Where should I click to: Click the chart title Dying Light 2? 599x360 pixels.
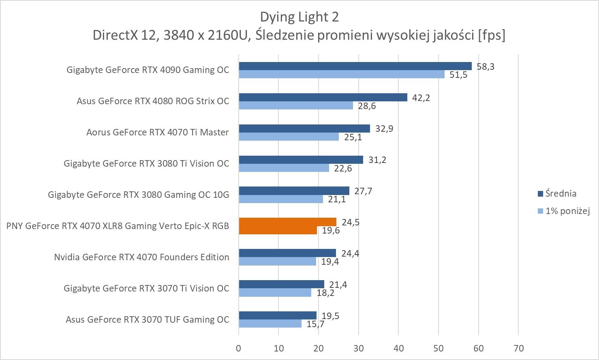(x=299, y=17)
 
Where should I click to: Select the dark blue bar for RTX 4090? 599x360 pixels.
(x=355, y=66)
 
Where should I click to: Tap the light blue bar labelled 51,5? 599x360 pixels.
(x=342, y=74)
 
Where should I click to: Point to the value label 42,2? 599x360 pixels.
(x=421, y=98)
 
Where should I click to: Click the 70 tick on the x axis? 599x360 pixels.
(x=518, y=348)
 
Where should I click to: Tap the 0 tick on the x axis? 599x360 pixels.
(x=238, y=348)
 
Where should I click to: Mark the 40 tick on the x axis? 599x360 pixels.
(x=398, y=348)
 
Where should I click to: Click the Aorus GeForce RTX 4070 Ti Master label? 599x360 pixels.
(x=157, y=132)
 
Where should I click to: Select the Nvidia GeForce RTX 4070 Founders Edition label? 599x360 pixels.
(x=141, y=257)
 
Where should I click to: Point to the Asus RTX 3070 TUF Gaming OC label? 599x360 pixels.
(x=147, y=319)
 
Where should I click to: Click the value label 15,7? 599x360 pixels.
(x=315, y=324)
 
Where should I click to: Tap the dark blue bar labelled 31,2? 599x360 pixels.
(x=301, y=160)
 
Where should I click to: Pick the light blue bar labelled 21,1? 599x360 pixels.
(x=281, y=199)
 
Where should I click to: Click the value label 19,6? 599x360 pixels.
(x=331, y=231)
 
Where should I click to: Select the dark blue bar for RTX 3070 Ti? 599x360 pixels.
(x=281, y=284)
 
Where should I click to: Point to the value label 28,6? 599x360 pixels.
(x=367, y=106)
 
